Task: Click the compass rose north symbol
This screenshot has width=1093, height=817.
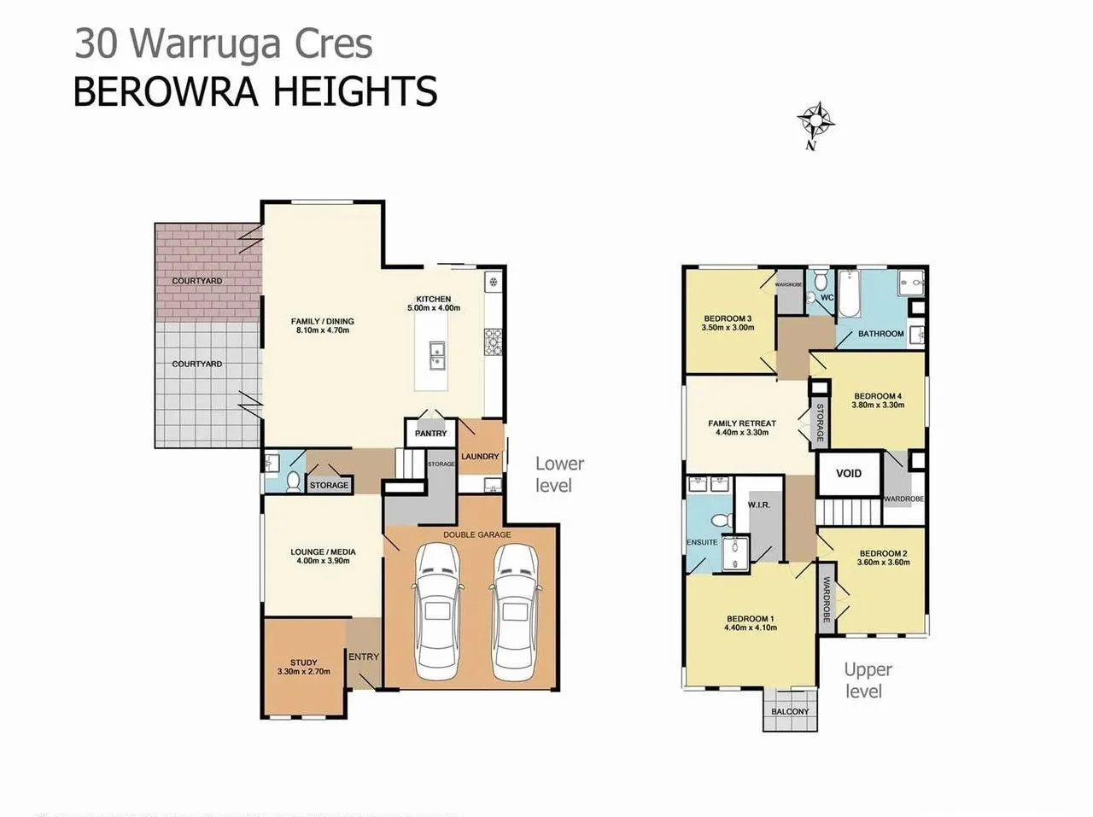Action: [815, 122]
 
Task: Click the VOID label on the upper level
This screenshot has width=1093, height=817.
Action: [848, 474]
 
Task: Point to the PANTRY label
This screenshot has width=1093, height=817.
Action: [430, 434]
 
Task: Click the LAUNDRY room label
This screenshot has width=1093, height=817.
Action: [480, 457]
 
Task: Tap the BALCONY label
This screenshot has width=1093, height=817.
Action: [790, 711]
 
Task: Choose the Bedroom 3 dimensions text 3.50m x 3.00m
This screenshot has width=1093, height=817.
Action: [728, 328]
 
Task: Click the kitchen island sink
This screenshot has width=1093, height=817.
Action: [436, 354]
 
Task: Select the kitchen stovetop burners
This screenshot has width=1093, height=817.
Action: [494, 342]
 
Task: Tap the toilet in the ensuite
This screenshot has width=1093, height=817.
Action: [719, 520]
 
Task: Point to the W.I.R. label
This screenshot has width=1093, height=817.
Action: [758, 505]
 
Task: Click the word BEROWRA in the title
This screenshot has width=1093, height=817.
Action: [163, 92]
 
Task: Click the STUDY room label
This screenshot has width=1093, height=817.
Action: [303, 662]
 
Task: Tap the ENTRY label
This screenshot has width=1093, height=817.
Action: [364, 657]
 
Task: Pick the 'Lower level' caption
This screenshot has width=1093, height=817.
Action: [559, 475]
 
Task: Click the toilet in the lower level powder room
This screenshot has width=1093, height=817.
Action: [292, 482]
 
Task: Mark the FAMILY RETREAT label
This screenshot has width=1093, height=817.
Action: [741, 423]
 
